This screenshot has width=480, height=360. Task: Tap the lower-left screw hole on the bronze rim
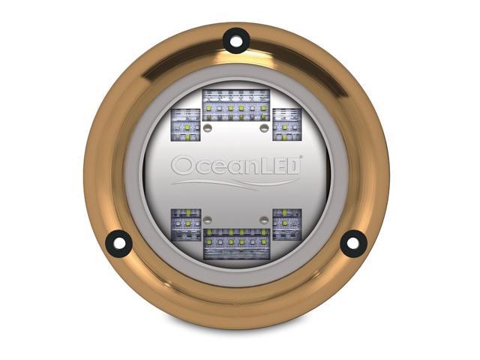click(118, 242)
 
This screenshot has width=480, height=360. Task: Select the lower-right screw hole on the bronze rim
click(353, 242)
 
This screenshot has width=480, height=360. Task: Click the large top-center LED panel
click(236, 105)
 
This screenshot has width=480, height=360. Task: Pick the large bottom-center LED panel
click(236, 244)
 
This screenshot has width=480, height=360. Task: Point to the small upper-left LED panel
click(185, 124)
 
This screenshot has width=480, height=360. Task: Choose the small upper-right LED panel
click(286, 124)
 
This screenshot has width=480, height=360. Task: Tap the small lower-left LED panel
click(185, 224)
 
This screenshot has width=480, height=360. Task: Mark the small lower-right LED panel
click(286, 224)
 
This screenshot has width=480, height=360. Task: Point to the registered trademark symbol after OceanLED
click(301, 158)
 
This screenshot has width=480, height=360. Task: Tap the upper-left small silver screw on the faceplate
click(210, 128)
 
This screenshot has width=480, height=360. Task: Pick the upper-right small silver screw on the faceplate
click(264, 128)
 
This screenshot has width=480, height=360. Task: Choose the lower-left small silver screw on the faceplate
click(210, 220)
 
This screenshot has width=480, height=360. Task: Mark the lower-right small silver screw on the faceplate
click(264, 220)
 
